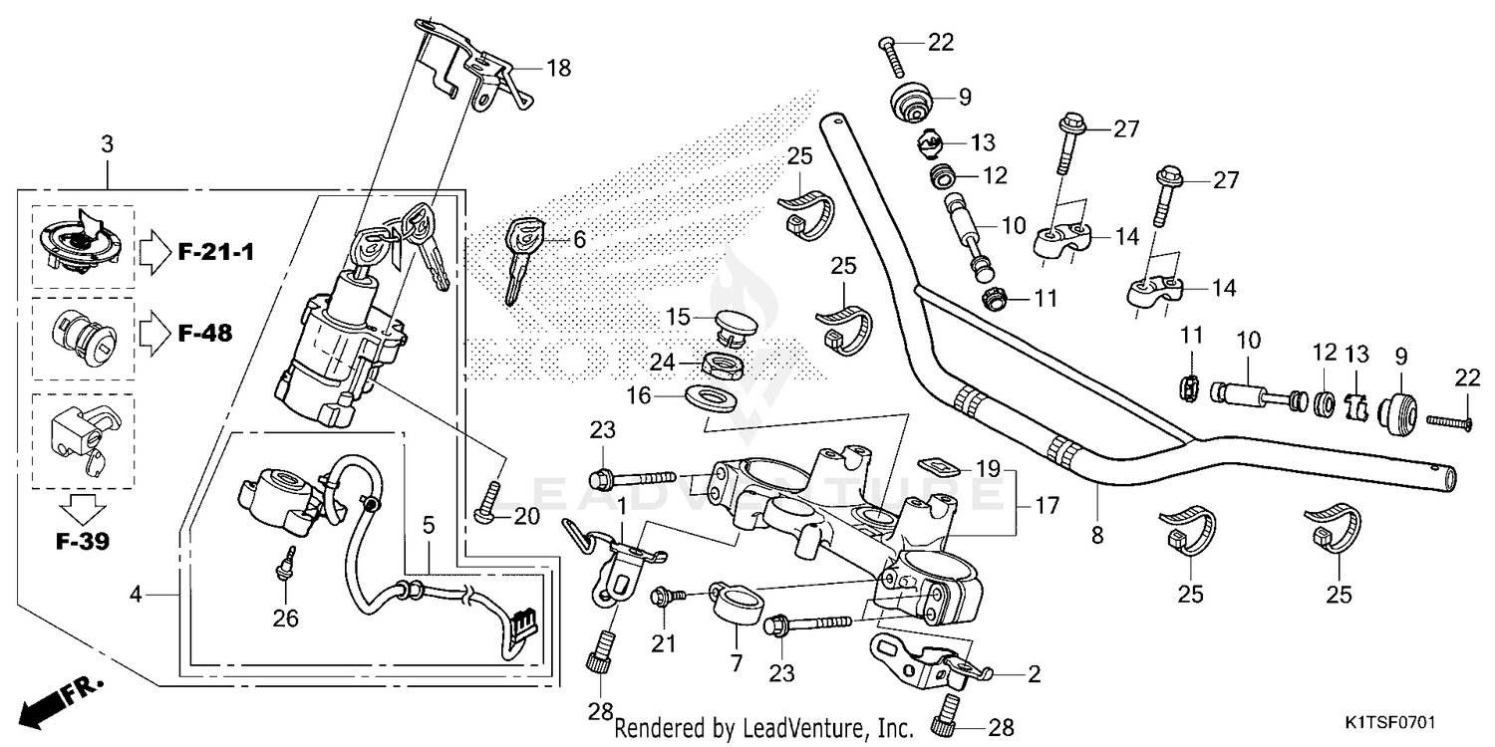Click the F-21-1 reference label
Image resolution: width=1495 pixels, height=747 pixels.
pos(216,252)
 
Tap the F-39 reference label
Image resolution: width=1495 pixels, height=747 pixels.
pos(83,543)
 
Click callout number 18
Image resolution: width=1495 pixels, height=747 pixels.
pos(559,68)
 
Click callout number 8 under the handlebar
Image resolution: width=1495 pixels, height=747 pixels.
pos(1097,535)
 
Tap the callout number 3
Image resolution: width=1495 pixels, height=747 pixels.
pos(107,145)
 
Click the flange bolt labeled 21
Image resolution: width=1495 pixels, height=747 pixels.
pos(662,597)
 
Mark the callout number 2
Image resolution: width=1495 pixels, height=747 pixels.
pos(1034,674)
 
